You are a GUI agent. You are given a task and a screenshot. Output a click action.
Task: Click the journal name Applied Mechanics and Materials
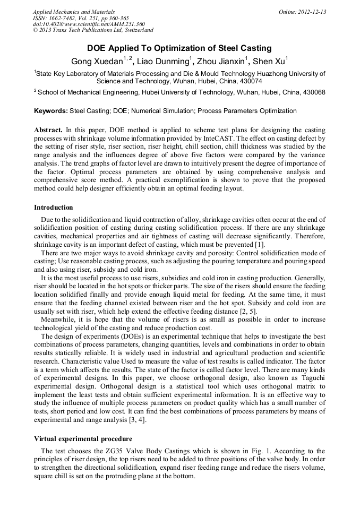[x=73, y=12]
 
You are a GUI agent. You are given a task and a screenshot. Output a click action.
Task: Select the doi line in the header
[x=89, y=24]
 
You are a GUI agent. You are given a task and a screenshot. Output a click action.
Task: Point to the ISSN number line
[x=81, y=18]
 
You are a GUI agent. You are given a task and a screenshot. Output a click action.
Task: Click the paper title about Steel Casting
[x=179, y=48]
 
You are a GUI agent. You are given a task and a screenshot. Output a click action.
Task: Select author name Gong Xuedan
[x=97, y=61]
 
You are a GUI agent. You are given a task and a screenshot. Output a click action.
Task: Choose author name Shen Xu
[x=269, y=61]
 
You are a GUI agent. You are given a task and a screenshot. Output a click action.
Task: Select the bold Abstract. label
[x=48, y=130]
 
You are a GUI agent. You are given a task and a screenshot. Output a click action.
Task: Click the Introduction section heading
[x=54, y=207]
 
